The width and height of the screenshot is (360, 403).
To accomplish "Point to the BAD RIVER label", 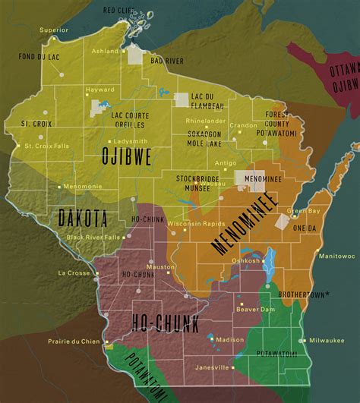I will (167, 60).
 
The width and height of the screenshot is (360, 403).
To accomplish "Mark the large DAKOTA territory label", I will (82, 219).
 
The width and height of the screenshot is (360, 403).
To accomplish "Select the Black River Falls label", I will (94, 237).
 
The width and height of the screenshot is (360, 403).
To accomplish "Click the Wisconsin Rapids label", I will (194, 223).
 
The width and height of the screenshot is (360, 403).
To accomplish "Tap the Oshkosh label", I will (245, 260).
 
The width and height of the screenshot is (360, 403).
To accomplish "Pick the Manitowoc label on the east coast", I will (336, 257).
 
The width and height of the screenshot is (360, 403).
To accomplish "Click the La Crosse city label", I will (74, 272).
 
